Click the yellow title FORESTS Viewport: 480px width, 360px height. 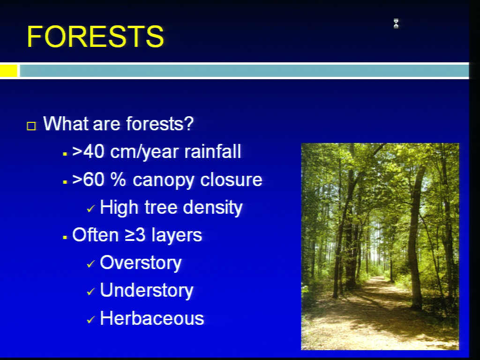coord(95,37)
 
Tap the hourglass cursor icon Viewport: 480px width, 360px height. coord(396,23)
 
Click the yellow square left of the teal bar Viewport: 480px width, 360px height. coord(8,71)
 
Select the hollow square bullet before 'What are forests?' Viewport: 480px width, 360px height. coord(31,126)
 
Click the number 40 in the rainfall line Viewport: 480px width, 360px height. coord(94,151)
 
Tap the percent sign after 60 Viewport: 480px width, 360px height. coord(118,180)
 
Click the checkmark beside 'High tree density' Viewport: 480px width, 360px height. coord(91,209)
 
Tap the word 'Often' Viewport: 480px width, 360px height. coord(95,235)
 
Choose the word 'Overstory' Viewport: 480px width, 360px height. coord(141,263)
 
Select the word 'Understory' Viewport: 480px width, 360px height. coord(147,291)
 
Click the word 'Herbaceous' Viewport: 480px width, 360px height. coord(152,318)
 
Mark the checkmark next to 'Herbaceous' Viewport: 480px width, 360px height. coord(91,320)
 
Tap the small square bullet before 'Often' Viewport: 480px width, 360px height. coord(65,237)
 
